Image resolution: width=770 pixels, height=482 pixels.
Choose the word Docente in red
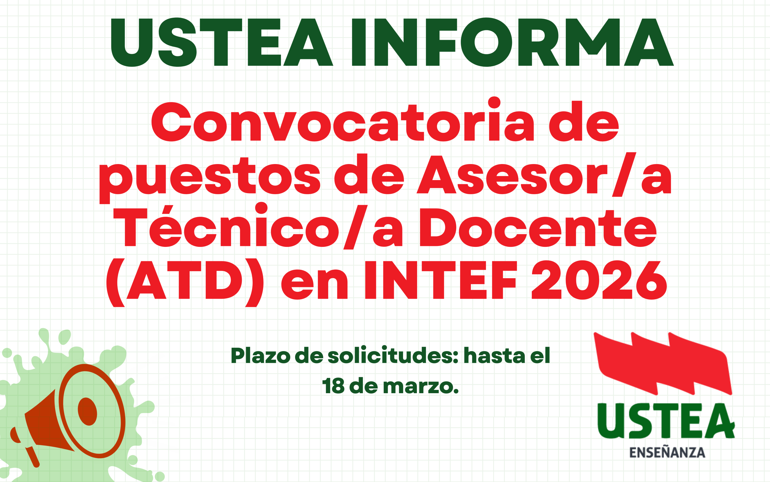coord(538,228)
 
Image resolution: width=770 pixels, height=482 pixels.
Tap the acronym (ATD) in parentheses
coord(185,283)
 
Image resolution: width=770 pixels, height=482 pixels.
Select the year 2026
coord(599,280)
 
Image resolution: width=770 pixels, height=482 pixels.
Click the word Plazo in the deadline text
coord(260,356)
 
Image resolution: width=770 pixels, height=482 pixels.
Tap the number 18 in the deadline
coord(333,386)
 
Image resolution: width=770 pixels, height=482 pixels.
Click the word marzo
coord(421,387)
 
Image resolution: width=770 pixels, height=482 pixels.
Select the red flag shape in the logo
coord(663,364)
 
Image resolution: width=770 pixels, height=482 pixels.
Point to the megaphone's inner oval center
coord(87,412)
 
